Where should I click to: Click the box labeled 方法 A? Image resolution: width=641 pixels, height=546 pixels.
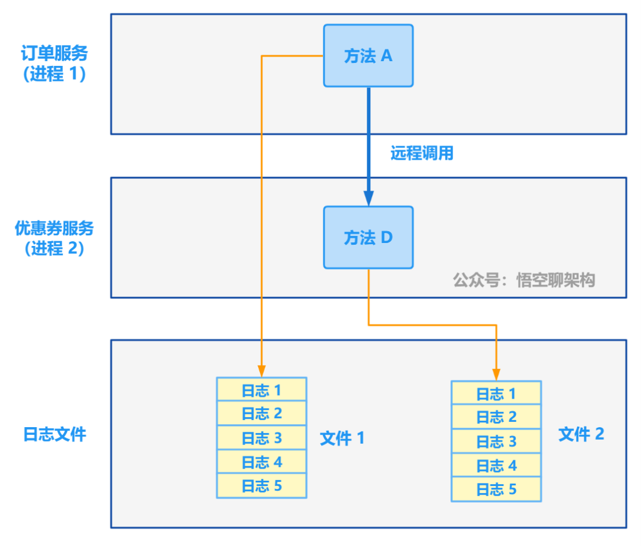pos(368,56)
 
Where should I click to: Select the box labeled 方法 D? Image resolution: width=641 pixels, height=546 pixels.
pos(368,238)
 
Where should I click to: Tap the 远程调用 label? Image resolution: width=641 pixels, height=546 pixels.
pos(421,153)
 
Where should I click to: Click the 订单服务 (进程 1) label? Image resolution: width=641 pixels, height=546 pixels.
pos(55,64)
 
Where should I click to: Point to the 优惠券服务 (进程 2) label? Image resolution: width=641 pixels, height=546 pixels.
pos(55,238)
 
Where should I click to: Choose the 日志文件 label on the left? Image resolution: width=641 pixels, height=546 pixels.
pos(55,434)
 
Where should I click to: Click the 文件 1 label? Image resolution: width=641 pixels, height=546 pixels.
pos(342,439)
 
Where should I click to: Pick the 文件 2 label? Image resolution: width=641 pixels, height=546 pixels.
pos(581,434)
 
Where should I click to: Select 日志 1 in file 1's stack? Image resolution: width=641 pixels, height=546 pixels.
pos(261,390)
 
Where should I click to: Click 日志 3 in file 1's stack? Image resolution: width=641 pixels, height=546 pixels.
pos(261,438)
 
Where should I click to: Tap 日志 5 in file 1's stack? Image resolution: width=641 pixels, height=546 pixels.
pos(261,486)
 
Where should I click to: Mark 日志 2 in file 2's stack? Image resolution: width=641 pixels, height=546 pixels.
pos(496,417)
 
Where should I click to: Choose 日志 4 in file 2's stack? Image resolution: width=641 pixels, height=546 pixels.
pos(496,466)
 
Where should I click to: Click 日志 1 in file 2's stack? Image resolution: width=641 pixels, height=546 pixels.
pos(496,393)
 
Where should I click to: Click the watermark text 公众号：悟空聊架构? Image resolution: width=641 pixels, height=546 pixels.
pos(523,280)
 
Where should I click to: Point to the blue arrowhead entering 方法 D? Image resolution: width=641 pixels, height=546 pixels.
pos(369,198)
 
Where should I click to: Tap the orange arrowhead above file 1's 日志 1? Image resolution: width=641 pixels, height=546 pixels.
pos(262,371)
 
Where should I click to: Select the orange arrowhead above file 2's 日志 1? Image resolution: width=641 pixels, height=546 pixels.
pos(496,374)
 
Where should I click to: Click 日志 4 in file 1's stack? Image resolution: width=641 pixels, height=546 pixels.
pos(261,462)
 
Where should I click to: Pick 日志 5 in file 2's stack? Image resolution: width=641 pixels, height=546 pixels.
pos(496,490)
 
